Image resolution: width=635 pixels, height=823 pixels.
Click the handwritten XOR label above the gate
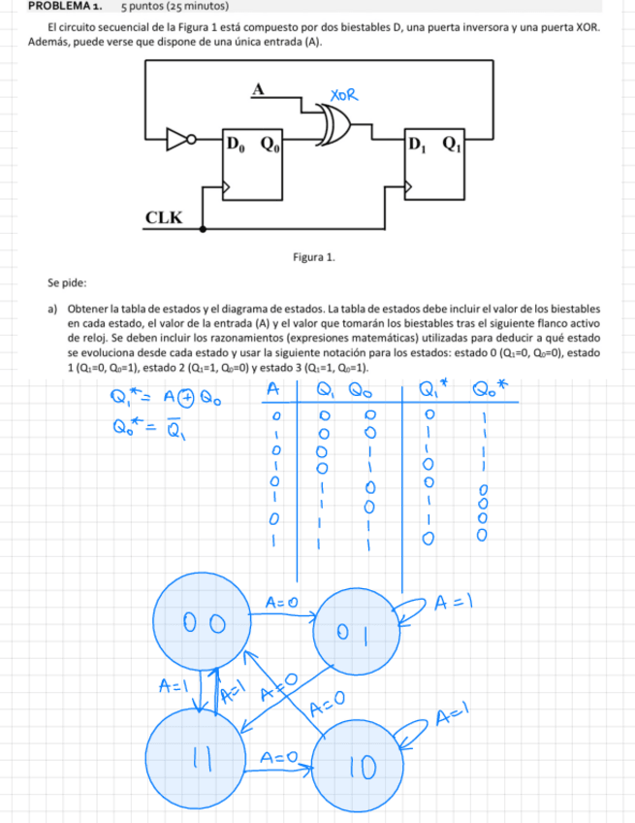tap(344, 95)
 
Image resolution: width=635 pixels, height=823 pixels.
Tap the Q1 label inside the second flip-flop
tap(452, 146)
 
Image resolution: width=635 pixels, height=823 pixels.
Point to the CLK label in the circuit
tap(163, 216)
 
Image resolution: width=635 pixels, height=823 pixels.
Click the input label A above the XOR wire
tap(258, 89)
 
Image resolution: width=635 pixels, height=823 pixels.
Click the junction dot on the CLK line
tap(202, 230)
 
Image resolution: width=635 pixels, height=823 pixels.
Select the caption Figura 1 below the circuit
tap(317, 257)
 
